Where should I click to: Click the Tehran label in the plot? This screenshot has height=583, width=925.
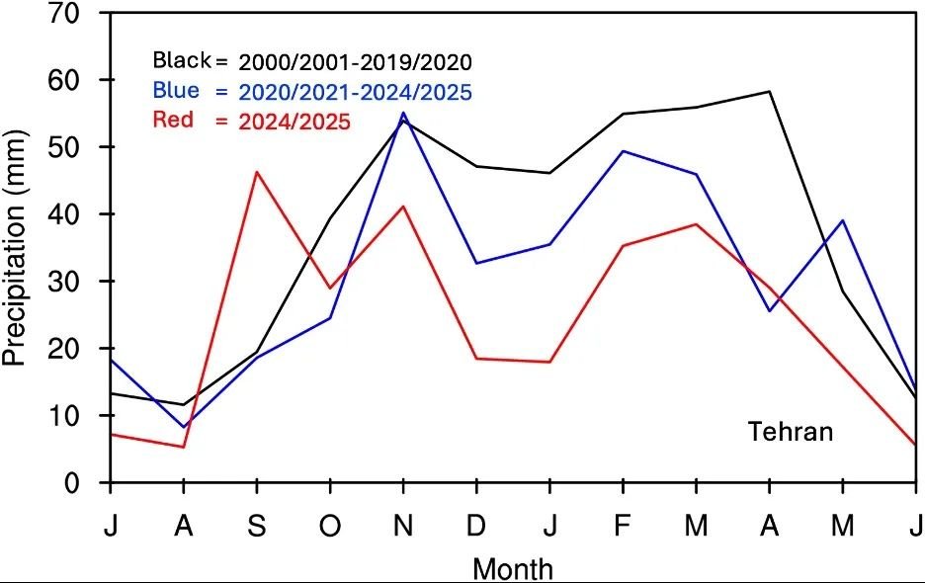coord(790,432)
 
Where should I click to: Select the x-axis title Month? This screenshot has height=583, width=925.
coord(513,568)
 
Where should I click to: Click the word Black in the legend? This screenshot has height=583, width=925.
coord(182,60)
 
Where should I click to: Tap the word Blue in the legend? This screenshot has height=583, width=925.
coord(176,91)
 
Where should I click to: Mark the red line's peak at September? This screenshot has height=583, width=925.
coord(257,172)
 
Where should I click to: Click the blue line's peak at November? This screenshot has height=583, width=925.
coord(403,113)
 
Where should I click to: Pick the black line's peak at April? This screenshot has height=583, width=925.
coord(770,92)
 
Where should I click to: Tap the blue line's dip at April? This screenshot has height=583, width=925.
coord(770,311)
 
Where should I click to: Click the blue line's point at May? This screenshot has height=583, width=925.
coord(843,220)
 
